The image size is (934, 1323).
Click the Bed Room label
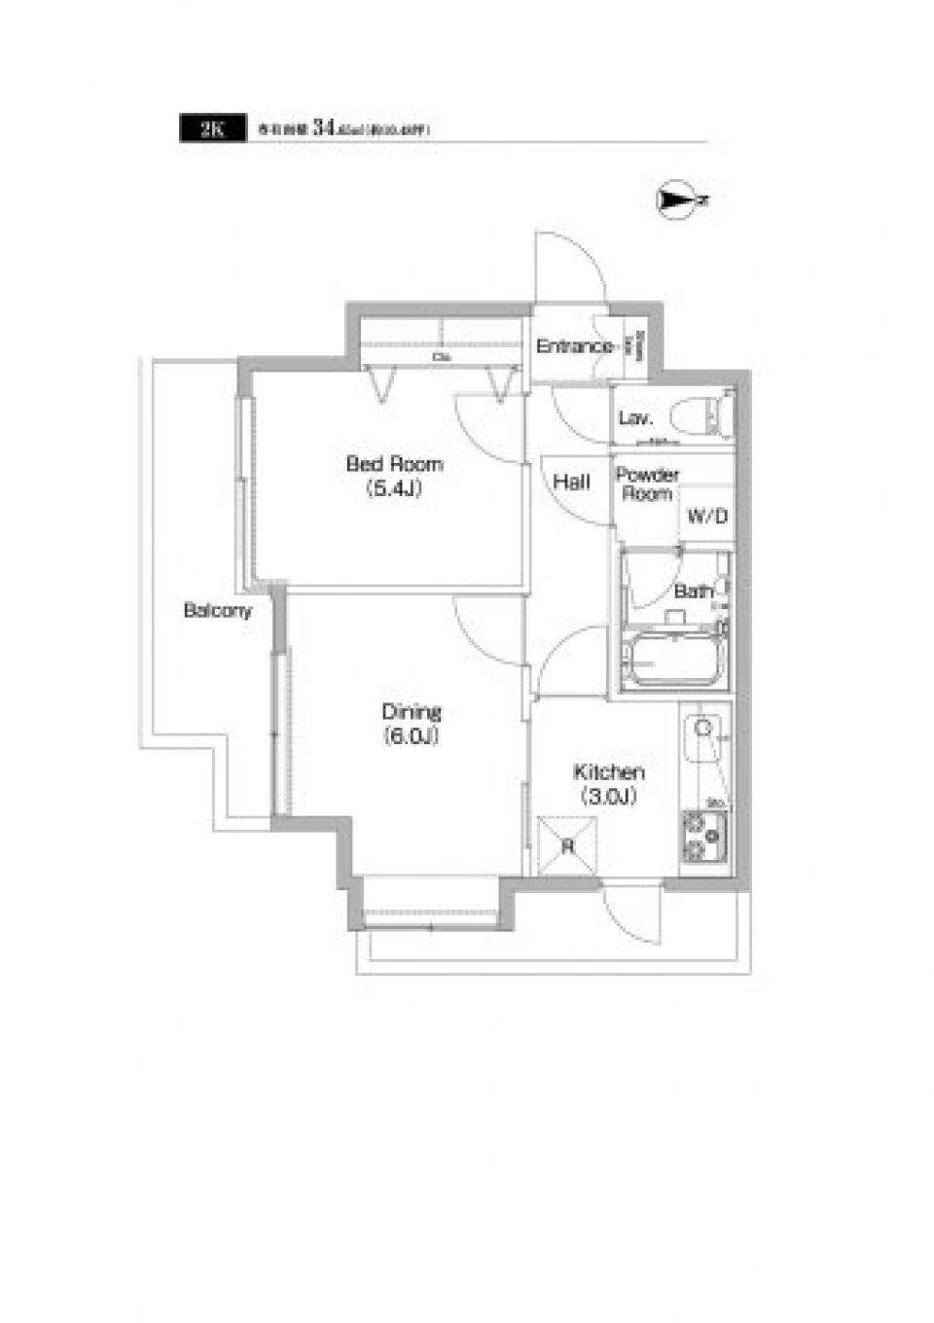(394, 464)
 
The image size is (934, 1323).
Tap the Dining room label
(411, 711)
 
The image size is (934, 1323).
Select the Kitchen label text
(609, 772)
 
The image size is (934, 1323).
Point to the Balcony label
(218, 611)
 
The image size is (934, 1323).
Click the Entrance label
(575, 346)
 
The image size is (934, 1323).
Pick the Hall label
(571, 482)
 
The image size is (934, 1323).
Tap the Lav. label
(634, 419)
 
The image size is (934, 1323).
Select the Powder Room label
(647, 484)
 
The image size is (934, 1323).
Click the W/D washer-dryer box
(707, 516)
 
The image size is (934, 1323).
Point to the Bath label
(693, 591)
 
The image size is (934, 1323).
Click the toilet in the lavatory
(718, 413)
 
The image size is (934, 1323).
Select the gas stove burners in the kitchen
(704, 836)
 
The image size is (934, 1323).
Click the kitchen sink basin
(703, 738)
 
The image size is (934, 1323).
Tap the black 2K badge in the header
(211, 129)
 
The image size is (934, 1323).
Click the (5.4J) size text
(394, 489)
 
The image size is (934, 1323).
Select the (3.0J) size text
(609, 798)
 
